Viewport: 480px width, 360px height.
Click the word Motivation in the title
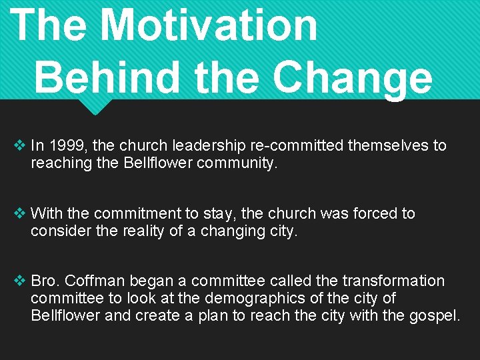click(x=209, y=25)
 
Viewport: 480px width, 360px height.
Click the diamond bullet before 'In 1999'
click(x=19, y=145)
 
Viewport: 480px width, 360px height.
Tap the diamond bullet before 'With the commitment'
click(x=19, y=213)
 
